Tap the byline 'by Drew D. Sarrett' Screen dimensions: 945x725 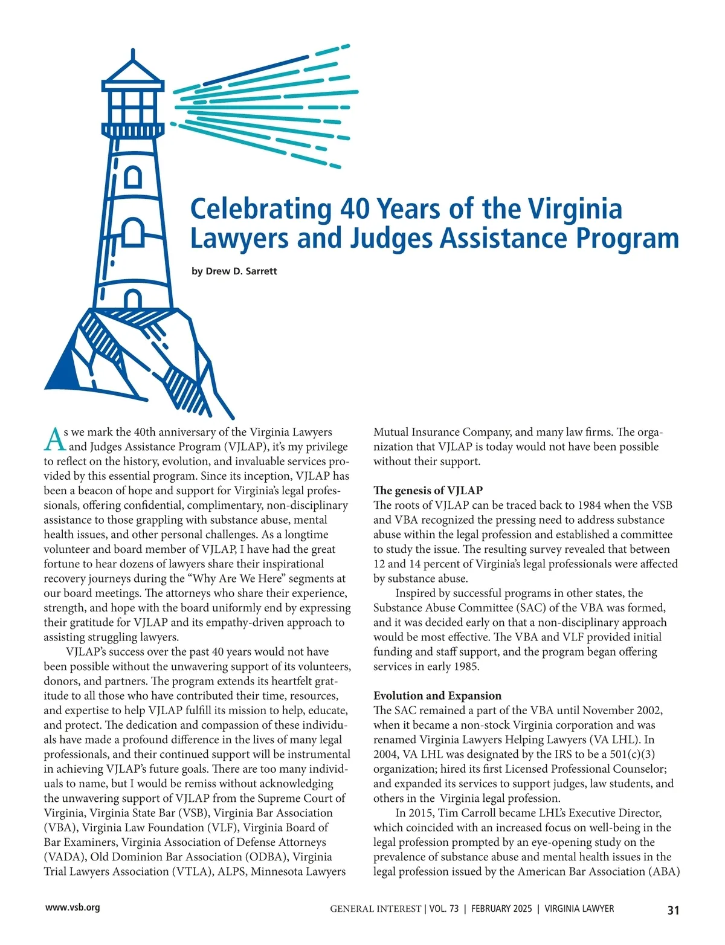[x=234, y=271]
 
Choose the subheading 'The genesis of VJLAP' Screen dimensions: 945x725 [x=428, y=491]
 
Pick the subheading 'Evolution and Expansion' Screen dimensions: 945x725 [x=437, y=695]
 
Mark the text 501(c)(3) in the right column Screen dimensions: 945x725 [x=633, y=754]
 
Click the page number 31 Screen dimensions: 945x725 [x=673, y=910]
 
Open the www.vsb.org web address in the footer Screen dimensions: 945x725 [x=72, y=908]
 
